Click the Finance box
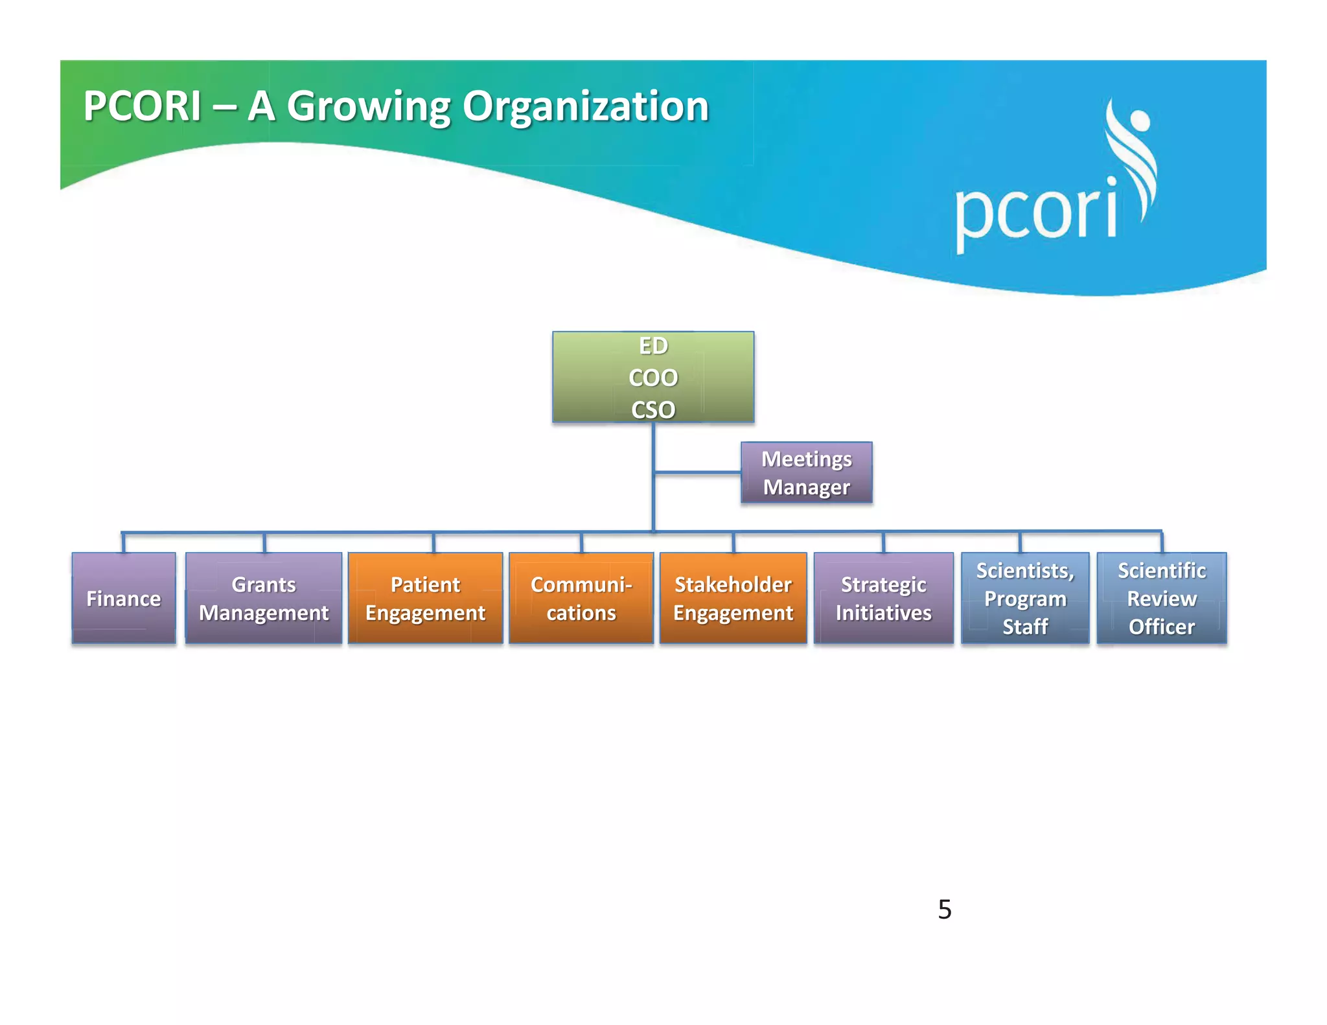pyautogui.click(x=124, y=598)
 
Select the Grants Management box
pyautogui.click(x=264, y=598)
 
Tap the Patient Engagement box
pyautogui.click(x=425, y=598)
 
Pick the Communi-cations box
pyautogui.click(x=581, y=598)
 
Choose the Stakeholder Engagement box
pyautogui.click(x=733, y=598)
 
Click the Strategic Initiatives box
pyautogui.click(x=883, y=598)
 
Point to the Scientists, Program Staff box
pyautogui.click(x=1025, y=598)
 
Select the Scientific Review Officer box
pyautogui.click(x=1161, y=598)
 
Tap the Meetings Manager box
pyautogui.click(x=806, y=473)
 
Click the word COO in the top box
pyautogui.click(x=653, y=378)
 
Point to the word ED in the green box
pyautogui.click(x=653, y=346)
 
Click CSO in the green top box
pyautogui.click(x=653, y=409)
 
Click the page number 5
pyautogui.click(x=945, y=910)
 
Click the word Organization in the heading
pyautogui.click(x=586, y=106)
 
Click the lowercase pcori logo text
pyautogui.click(x=1035, y=211)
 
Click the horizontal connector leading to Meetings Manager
pyautogui.click(x=697, y=473)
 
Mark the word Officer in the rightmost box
pyautogui.click(x=1162, y=627)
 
